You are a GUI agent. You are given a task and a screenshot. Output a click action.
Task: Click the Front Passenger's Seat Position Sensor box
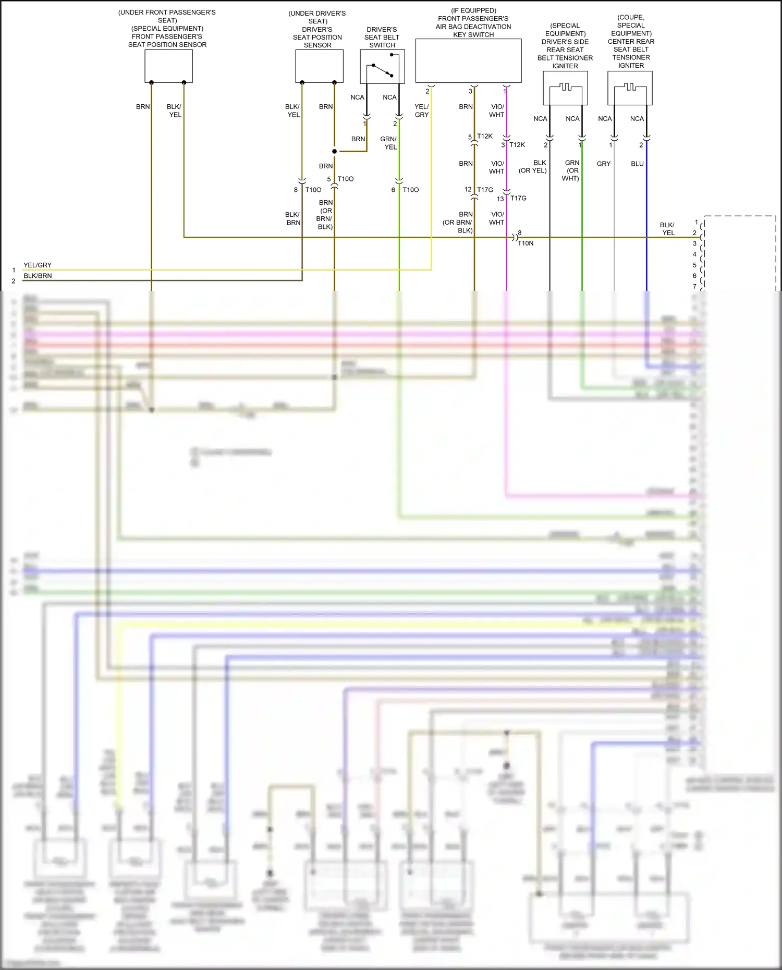coord(168,66)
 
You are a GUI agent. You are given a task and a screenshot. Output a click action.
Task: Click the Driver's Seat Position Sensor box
coord(319,66)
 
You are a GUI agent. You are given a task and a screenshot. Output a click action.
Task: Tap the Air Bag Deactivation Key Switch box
coord(468,60)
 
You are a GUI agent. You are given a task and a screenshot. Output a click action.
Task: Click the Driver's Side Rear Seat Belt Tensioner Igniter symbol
coord(565,88)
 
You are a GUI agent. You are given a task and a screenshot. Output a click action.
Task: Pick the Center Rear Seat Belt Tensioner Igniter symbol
coord(630,88)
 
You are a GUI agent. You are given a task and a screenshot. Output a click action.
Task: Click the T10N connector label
coord(526,243)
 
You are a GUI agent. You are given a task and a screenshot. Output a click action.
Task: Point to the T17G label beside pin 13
coord(518,198)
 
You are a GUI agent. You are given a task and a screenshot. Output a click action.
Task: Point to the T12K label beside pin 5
coord(485,136)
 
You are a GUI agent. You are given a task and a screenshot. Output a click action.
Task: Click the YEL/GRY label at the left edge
coord(38,265)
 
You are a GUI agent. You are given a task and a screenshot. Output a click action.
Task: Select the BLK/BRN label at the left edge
coord(38,276)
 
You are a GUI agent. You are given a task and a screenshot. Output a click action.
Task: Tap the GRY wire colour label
coord(604,164)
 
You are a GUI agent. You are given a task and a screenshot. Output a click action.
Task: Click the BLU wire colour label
coord(637,164)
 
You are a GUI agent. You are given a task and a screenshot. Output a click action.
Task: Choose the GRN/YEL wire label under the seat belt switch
coord(389,143)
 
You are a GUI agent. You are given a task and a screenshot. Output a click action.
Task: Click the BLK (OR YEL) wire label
coord(533,167)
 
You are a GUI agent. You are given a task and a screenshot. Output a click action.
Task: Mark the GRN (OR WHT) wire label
coord(571,170)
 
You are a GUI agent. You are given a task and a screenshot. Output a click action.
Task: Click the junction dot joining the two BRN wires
coord(334,151)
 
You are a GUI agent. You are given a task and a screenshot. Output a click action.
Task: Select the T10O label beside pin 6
coord(411,190)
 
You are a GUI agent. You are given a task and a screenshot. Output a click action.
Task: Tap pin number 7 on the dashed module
coord(694,286)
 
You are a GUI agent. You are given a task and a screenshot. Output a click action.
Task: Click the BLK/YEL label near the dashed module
coord(667,229)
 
